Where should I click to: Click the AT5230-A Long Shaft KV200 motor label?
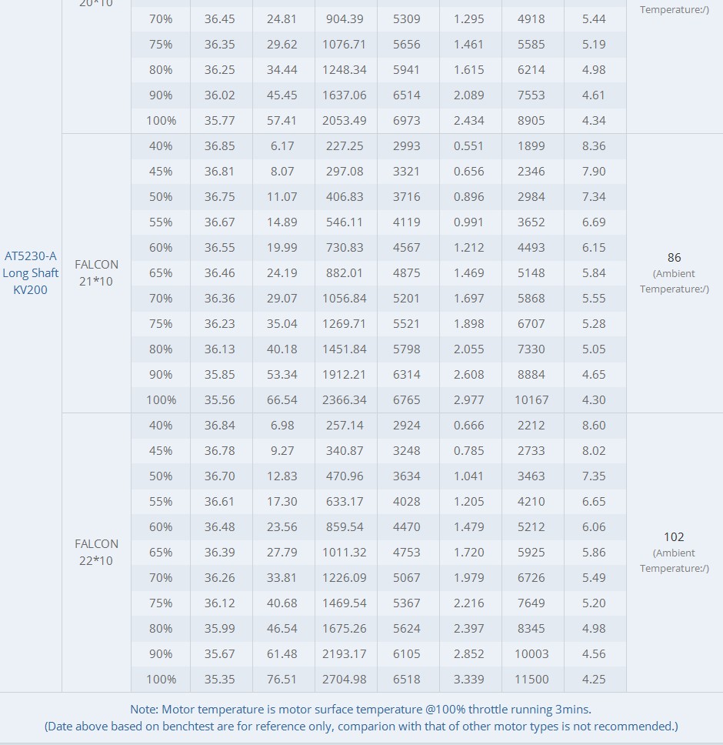point(31,272)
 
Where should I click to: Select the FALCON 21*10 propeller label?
point(96,272)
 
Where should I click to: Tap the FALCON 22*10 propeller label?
point(96,552)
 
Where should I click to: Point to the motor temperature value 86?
point(674,258)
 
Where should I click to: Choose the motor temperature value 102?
point(674,537)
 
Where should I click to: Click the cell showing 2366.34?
point(344,400)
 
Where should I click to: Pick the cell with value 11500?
point(531,680)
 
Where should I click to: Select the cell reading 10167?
point(531,400)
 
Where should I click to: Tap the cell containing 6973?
point(406,121)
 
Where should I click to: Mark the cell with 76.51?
point(282,680)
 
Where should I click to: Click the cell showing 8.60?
point(594,426)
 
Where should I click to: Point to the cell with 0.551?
point(468,146)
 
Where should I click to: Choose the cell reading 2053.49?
point(344,121)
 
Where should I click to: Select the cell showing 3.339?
point(468,680)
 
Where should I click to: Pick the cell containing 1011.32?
point(344,552)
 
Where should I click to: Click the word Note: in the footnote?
point(145,710)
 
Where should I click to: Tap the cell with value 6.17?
point(282,146)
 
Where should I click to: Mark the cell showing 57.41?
point(282,121)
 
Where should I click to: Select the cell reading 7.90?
point(594,172)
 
